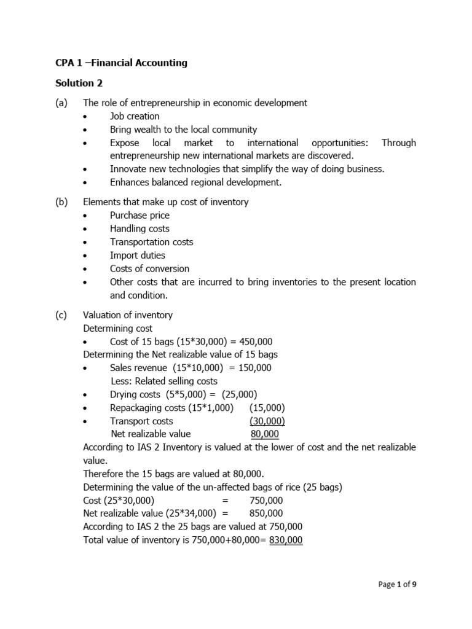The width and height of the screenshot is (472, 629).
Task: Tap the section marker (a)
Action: tap(61, 103)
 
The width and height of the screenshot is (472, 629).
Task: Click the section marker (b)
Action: tap(61, 202)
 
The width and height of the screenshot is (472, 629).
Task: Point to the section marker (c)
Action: tap(61, 315)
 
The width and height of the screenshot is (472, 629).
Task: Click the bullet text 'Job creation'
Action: tap(135, 116)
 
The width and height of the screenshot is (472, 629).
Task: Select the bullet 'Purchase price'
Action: tap(140, 216)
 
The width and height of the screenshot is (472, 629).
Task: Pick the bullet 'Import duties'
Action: tap(138, 256)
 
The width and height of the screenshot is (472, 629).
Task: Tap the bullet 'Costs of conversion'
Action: tap(149, 269)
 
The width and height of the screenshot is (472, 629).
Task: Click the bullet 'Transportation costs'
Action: tap(151, 242)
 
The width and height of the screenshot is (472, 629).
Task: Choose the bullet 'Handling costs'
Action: tap(140, 229)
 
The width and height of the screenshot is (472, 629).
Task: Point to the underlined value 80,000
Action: tap(265, 434)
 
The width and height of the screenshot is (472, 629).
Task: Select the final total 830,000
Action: tap(286, 541)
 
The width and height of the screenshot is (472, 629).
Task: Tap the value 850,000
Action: tap(266, 514)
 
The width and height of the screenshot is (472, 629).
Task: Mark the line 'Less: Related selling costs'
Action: tap(164, 381)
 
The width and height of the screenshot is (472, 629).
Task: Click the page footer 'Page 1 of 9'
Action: tap(396, 585)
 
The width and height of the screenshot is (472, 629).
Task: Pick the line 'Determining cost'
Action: tap(118, 329)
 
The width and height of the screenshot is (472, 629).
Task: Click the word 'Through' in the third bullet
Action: tap(398, 143)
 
